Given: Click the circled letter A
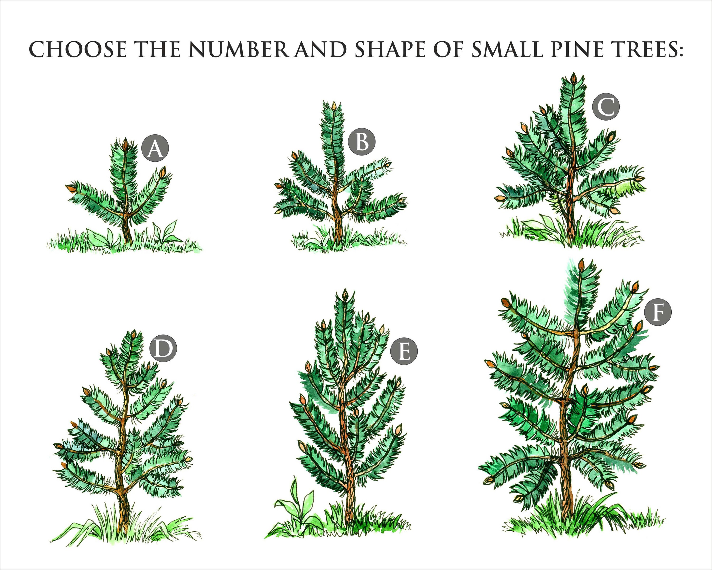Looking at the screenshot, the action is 155,148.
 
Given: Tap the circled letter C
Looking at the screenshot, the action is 606,106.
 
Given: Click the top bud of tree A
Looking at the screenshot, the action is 125,144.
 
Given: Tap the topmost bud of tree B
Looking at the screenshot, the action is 334,106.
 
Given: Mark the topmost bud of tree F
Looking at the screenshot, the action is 581,264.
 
